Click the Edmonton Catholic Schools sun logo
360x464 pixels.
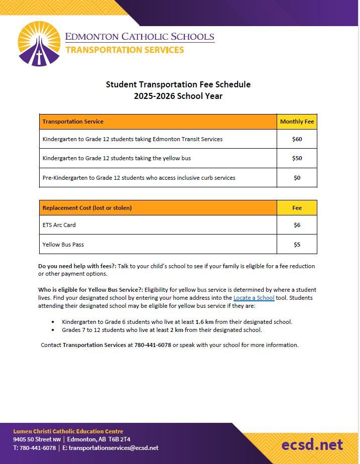tap(39, 44)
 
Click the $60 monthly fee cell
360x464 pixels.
tap(297, 139)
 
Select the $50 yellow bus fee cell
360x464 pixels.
tap(297, 158)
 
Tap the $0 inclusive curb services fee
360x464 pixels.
tap(297, 178)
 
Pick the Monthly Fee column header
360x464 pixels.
tap(297, 122)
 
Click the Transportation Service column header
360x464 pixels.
tap(73, 122)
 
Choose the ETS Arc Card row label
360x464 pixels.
tap(59, 225)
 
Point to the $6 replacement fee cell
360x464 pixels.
tap(297, 225)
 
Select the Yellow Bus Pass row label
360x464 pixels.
tap(63, 245)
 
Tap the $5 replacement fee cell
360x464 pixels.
tap(297, 245)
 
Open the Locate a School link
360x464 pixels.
tap(254, 298)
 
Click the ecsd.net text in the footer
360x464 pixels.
tap(312, 444)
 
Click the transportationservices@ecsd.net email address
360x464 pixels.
tap(113, 448)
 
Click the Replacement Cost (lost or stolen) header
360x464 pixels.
tap(87, 208)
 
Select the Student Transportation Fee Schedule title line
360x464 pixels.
tap(178, 84)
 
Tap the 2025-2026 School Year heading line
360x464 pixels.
tap(178, 96)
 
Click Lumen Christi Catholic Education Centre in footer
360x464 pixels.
tap(68, 431)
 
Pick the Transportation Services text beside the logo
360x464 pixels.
tap(125, 50)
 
